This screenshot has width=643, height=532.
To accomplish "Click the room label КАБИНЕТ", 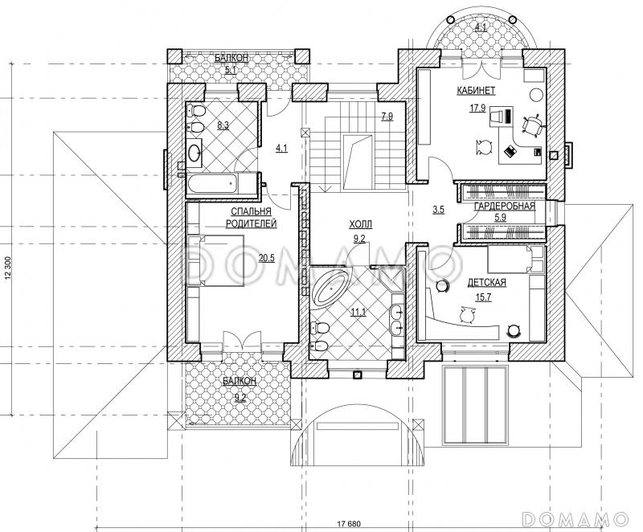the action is pyautogui.click(x=476, y=91).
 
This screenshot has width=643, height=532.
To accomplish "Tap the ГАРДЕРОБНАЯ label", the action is pyautogui.click(x=505, y=207).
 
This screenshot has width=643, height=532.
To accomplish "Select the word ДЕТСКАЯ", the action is pyautogui.click(x=487, y=282).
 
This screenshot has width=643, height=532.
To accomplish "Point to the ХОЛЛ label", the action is pyautogui.click(x=360, y=224).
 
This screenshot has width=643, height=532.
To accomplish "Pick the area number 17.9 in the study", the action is pyautogui.click(x=477, y=108).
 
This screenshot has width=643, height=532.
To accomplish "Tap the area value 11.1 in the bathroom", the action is pyautogui.click(x=358, y=313).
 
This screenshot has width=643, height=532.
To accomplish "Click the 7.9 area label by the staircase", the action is pyautogui.click(x=387, y=117).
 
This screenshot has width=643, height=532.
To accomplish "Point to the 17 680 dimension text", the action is pyautogui.click(x=349, y=523).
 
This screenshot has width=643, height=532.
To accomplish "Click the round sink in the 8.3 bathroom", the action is pyautogui.click(x=195, y=153).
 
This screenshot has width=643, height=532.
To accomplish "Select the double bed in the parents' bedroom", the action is pyautogui.click(x=215, y=260).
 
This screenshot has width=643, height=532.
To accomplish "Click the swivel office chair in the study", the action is pyautogui.click(x=533, y=125).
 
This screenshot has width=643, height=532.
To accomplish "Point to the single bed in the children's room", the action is pyautogui.click(x=515, y=260).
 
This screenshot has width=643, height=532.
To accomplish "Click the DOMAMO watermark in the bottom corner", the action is pyautogui.click(x=575, y=519).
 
